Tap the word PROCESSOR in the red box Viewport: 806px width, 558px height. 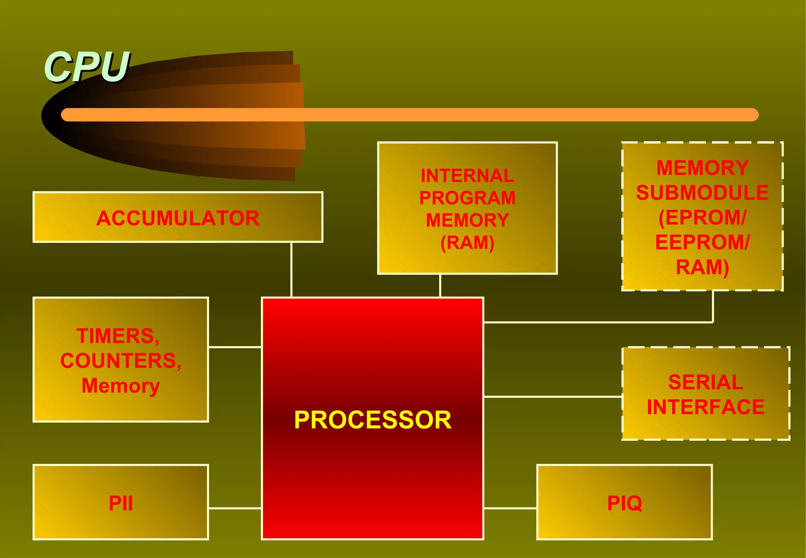point(372,420)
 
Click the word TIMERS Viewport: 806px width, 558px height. point(118,336)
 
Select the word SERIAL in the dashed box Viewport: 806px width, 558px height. point(706,382)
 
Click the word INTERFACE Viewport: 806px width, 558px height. point(706,407)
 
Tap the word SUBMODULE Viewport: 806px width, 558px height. point(702,193)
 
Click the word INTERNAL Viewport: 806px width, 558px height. point(467,176)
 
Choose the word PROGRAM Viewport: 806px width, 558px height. point(467,198)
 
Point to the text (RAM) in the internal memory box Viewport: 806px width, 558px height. point(467,243)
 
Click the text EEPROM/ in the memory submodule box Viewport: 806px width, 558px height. point(702,242)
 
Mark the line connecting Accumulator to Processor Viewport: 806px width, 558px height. point(291,270)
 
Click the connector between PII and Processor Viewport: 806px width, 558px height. point(235,508)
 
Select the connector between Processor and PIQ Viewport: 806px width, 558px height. point(510,508)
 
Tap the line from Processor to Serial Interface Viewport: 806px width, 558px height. point(553,397)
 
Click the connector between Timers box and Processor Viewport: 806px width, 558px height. point(235,347)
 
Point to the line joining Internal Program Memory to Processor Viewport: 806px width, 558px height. point(440,286)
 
